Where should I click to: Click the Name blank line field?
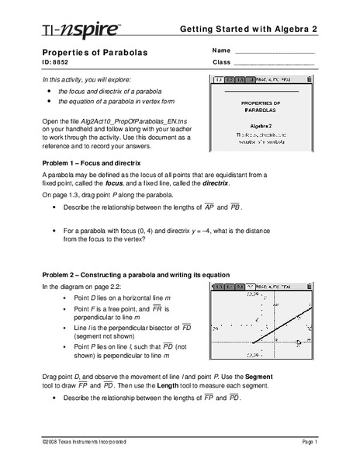coord(273,53)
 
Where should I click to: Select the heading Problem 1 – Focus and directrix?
coord(97,163)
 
